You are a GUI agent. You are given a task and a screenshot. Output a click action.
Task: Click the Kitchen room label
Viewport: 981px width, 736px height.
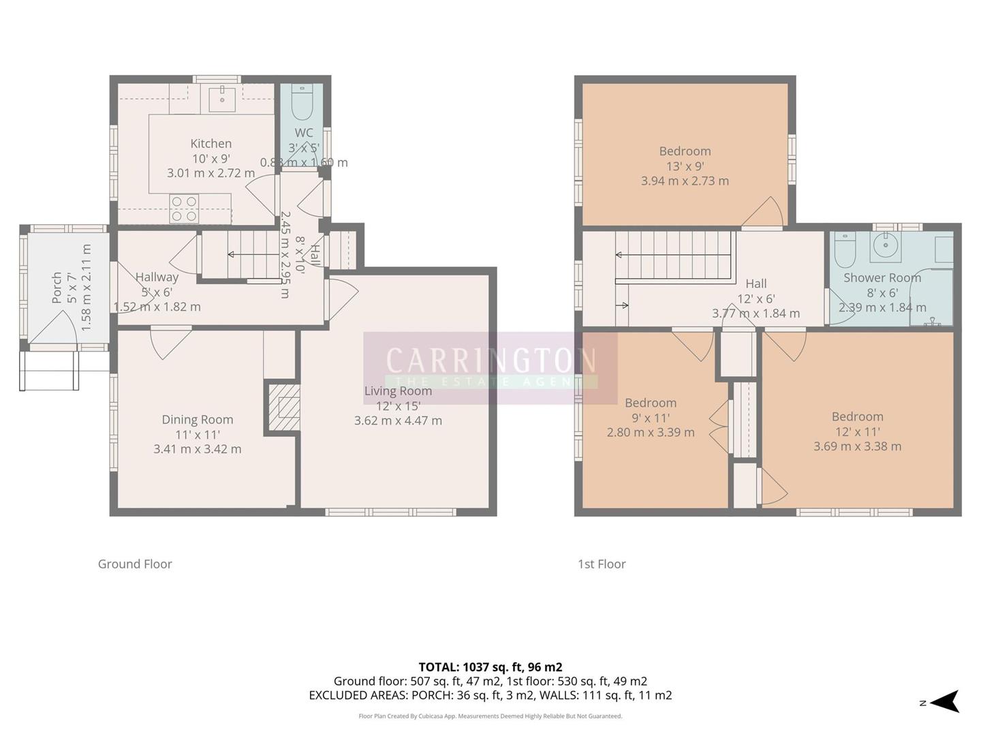pos(211,144)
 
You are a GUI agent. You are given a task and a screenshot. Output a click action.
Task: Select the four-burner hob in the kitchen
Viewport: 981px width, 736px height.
pos(184,209)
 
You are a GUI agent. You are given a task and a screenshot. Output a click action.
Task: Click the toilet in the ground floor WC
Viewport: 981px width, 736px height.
pos(301,104)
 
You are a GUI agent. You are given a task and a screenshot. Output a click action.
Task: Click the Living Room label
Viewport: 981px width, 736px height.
pos(398,391)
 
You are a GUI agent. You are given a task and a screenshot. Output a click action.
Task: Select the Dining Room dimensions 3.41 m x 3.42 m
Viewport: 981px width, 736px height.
pos(198,449)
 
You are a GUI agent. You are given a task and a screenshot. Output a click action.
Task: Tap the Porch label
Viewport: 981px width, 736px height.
pos(57,288)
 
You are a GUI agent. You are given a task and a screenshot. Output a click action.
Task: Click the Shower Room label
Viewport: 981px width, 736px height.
pos(882,277)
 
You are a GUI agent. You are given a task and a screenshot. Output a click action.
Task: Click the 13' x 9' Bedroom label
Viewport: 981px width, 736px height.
pos(685,151)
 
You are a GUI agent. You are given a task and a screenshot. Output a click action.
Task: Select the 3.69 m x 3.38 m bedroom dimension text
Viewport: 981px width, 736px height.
pos(857,446)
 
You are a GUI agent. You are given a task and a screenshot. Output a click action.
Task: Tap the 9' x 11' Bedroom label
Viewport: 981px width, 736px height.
pos(651,403)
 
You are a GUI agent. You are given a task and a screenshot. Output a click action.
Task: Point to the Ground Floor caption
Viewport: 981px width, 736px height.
pos(135,564)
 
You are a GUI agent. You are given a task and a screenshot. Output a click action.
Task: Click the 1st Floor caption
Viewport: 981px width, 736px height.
pos(602,564)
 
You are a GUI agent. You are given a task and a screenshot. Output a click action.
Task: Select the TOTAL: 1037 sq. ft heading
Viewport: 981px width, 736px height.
pos(490,667)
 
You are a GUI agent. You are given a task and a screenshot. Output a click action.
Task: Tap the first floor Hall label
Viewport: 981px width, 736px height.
pos(756,283)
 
